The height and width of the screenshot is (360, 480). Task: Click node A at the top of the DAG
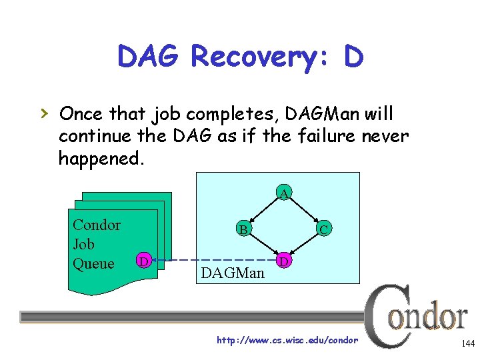point(284,193)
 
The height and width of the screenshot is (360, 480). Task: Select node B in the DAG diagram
point(244,229)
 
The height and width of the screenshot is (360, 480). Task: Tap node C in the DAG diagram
point(323,229)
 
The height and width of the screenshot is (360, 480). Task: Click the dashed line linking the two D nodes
point(213,259)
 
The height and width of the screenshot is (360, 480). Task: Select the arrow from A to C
point(304,211)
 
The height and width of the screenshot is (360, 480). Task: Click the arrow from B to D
point(264,245)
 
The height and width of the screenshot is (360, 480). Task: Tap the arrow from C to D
point(304,245)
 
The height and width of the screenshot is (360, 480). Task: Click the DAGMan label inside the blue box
point(232,273)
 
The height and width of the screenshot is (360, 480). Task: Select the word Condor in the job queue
point(97,225)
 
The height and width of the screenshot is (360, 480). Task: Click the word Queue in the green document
point(93,264)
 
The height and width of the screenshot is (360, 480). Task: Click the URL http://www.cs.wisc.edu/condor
point(287,341)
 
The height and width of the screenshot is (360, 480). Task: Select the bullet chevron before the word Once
point(44,114)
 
